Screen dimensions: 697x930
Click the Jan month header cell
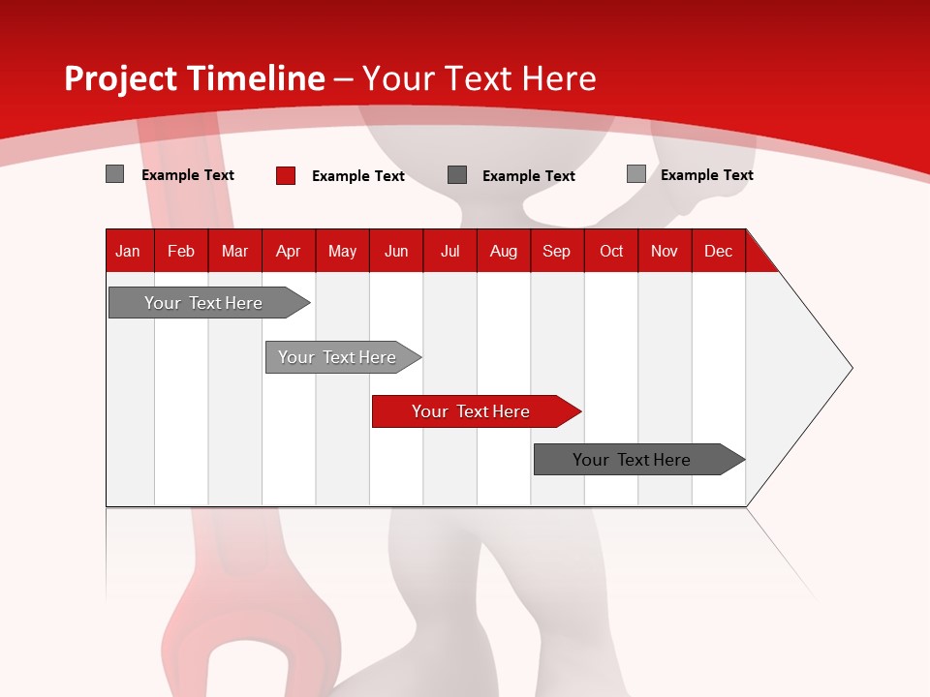click(128, 251)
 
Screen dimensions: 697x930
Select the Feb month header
click(181, 251)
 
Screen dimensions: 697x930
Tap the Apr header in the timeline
click(288, 251)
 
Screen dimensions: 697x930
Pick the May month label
click(342, 251)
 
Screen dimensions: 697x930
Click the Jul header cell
click(449, 251)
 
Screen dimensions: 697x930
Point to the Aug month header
click(504, 251)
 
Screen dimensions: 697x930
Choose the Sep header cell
click(556, 251)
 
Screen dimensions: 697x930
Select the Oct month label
click(611, 251)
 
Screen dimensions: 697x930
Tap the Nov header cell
click(665, 251)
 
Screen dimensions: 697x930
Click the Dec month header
click(718, 251)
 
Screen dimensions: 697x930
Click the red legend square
click(285, 175)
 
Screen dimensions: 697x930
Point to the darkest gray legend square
click(457, 175)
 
